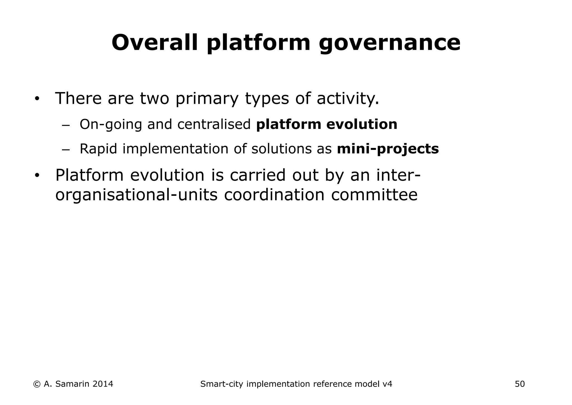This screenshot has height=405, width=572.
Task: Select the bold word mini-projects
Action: [x=388, y=149]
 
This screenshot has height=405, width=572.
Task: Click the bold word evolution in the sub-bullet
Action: [x=362, y=124]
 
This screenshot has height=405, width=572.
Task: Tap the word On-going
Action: [x=111, y=124]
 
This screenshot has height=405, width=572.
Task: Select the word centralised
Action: [x=214, y=124]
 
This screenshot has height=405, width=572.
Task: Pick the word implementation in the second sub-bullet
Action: [x=175, y=149]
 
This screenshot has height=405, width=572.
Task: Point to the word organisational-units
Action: [x=136, y=195]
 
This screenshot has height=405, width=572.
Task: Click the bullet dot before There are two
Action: [x=37, y=99]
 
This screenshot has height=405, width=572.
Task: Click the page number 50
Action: [x=520, y=384]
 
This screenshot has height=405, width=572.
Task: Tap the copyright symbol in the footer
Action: [x=37, y=384]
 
